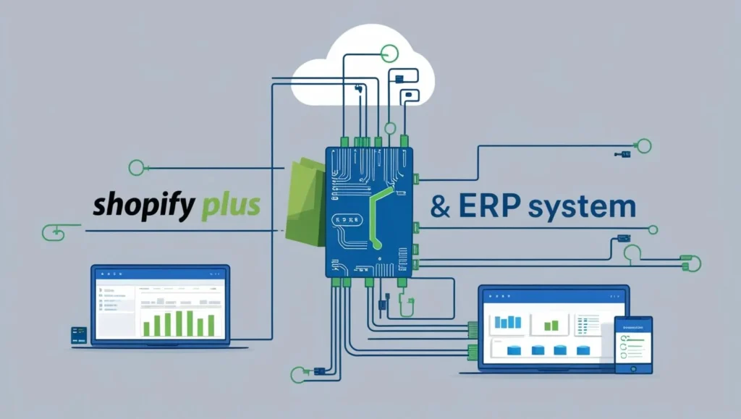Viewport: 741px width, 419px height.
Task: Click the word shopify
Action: (x=143, y=206)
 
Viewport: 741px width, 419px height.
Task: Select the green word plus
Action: (x=229, y=206)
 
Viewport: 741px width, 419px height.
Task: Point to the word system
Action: (x=582, y=207)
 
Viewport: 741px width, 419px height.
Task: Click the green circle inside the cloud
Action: (x=389, y=52)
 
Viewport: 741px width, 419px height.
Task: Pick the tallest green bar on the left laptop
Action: (x=190, y=323)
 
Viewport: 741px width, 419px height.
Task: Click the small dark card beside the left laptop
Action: (x=79, y=334)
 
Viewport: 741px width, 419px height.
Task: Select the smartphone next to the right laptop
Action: (x=633, y=344)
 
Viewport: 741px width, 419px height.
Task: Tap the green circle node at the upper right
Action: (x=643, y=146)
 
